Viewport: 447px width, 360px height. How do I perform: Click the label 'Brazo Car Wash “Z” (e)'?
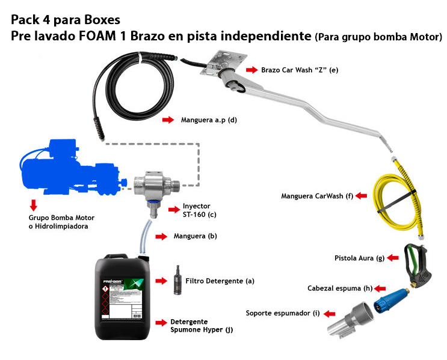(x=300, y=70)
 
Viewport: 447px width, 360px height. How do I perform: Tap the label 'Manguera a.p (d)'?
(x=209, y=120)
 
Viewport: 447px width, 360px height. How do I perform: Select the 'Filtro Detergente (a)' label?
(x=220, y=281)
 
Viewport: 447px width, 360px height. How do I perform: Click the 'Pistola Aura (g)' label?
(x=359, y=258)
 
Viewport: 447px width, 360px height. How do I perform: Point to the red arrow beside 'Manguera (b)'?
(x=161, y=237)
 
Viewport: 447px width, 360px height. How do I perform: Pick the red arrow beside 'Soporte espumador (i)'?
(x=330, y=313)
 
